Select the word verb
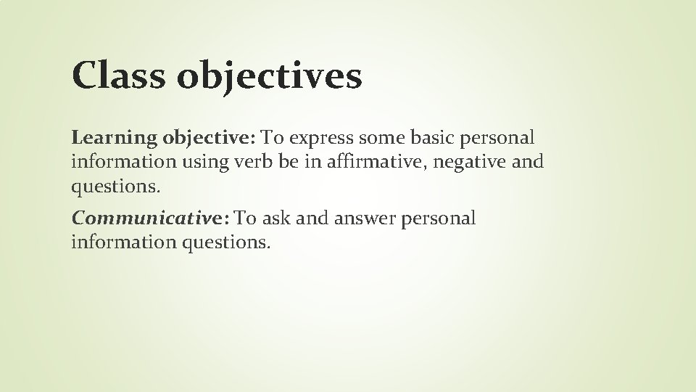click(255, 161)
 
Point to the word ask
click(278, 219)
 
